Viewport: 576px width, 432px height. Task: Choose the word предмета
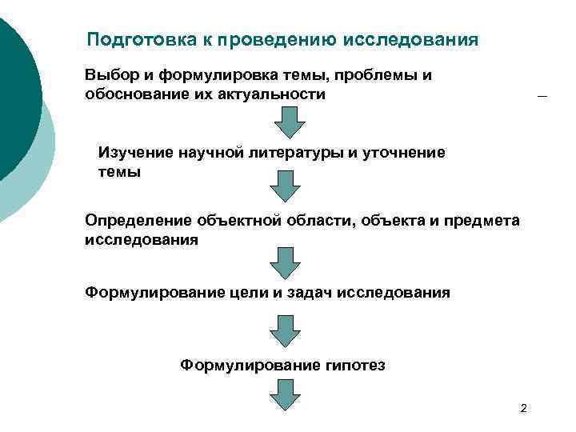478,220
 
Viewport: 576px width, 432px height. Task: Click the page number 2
523,410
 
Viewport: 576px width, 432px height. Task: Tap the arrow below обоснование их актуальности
289,123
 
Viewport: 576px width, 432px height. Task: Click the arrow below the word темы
284,186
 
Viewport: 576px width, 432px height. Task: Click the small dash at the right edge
542,97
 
